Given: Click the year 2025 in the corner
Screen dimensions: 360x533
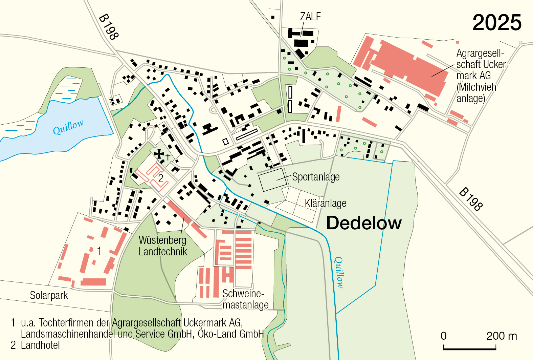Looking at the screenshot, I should [497, 23].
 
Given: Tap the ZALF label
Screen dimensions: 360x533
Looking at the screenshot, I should [310, 16].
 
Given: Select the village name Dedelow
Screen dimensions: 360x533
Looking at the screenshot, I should [364, 223].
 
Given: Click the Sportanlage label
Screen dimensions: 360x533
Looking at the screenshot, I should [316, 177].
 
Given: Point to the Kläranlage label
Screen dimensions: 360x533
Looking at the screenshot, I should [326, 203].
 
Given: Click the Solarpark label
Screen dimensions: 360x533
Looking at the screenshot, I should [49, 295].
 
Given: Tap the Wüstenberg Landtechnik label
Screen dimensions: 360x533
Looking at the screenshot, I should [163, 246].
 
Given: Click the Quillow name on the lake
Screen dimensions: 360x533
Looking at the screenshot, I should [68, 127].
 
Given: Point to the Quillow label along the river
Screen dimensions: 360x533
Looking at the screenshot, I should [339, 272].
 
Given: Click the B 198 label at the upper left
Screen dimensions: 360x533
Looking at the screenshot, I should [109, 27].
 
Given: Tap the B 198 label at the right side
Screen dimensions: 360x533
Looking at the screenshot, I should [471, 199].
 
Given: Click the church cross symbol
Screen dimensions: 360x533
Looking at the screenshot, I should [159, 154].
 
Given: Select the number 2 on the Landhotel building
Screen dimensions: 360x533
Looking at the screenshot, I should [161, 178].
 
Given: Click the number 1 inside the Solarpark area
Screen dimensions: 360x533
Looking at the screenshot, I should [99, 251].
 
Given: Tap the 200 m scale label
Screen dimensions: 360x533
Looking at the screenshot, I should [502, 336].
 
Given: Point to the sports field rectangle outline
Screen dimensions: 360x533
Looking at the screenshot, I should [273, 180].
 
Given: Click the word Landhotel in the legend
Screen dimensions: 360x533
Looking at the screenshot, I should [40, 345].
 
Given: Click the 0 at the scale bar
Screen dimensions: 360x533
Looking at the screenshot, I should [444, 336].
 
